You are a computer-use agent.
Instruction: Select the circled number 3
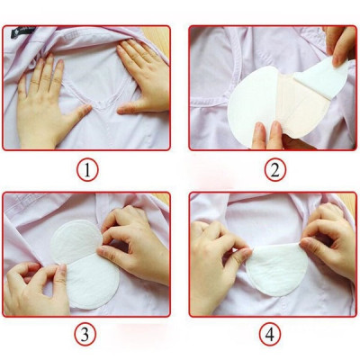pos(86,335)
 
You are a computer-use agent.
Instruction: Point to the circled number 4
pos(273,335)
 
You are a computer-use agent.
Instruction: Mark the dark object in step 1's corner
pos(20,35)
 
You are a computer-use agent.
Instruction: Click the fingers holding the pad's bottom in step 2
pos(274,137)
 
